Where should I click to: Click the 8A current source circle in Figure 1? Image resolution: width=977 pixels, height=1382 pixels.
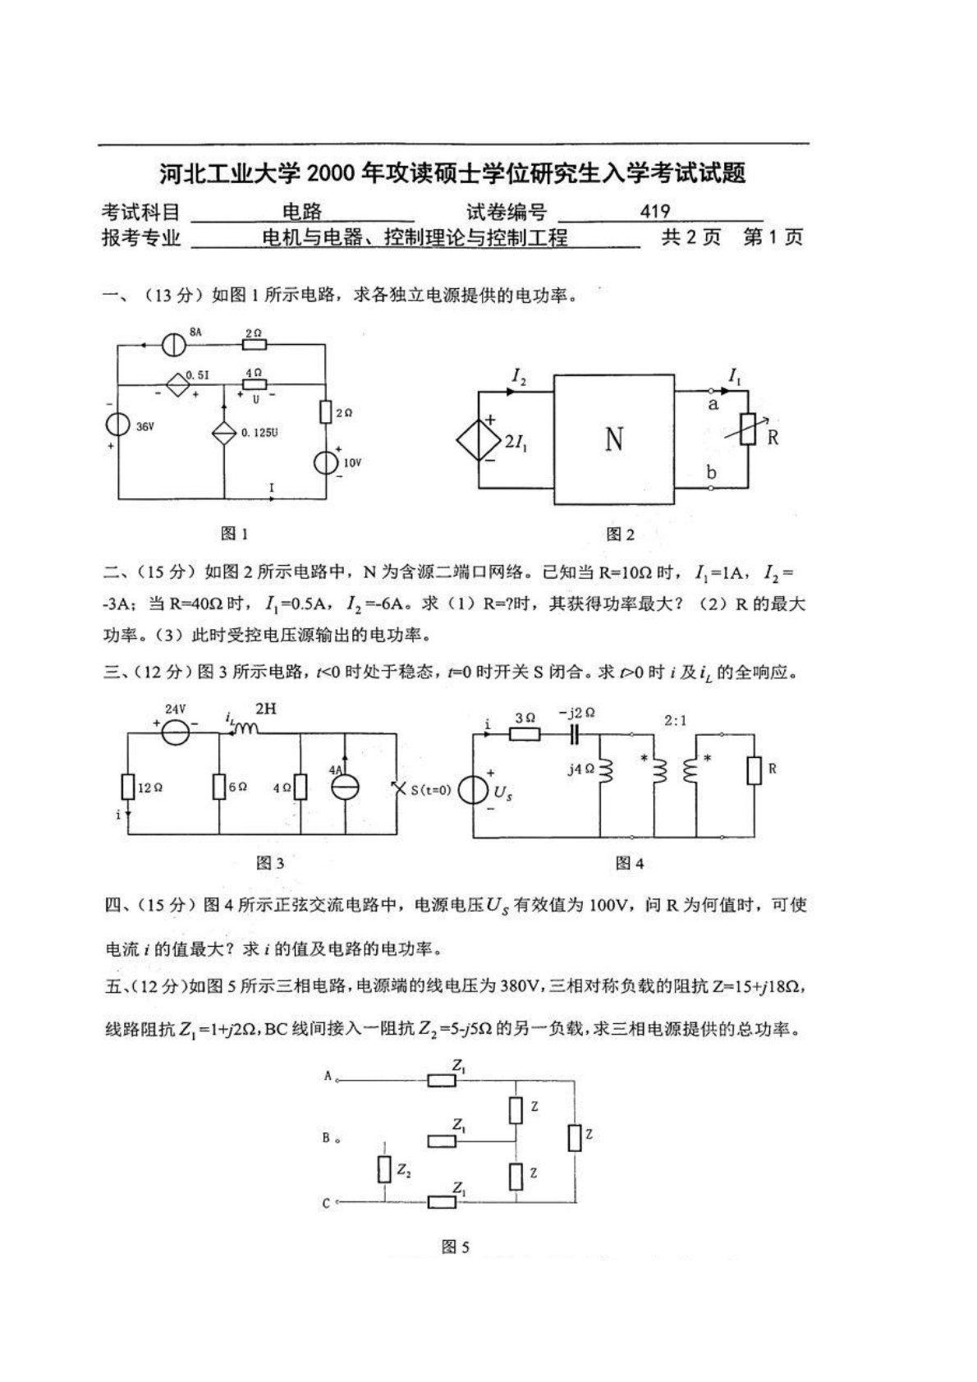pyautogui.click(x=172, y=345)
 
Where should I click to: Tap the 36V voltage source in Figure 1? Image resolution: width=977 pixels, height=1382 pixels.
pyautogui.click(x=118, y=425)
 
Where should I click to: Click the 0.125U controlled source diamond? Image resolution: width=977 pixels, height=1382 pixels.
pyautogui.click(x=224, y=433)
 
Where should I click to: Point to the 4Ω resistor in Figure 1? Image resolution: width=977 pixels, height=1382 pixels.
pyautogui.click(x=255, y=383)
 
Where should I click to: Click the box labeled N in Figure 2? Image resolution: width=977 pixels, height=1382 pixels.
pyautogui.click(x=614, y=439)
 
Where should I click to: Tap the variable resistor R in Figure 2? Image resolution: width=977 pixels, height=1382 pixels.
pyautogui.click(x=748, y=429)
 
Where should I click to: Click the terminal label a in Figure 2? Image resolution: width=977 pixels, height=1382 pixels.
pyautogui.click(x=713, y=404)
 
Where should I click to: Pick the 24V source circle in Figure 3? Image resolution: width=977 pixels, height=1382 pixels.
pyautogui.click(x=174, y=731)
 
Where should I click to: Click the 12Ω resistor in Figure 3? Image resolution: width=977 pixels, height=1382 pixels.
pyautogui.click(x=127, y=787)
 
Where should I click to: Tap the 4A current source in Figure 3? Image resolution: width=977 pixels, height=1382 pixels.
pyautogui.click(x=345, y=786)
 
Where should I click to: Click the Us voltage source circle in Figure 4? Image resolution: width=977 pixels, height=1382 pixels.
pyautogui.click(x=474, y=791)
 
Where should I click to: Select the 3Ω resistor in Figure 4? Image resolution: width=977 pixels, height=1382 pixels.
pyautogui.click(x=525, y=732)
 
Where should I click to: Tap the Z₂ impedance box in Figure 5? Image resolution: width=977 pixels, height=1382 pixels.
pyautogui.click(x=384, y=1169)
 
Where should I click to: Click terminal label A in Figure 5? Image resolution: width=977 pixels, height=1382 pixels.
pyautogui.click(x=327, y=1076)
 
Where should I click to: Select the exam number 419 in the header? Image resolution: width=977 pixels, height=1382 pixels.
pyautogui.click(x=654, y=213)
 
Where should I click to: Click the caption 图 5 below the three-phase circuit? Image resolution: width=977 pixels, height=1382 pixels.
pyautogui.click(x=455, y=1247)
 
